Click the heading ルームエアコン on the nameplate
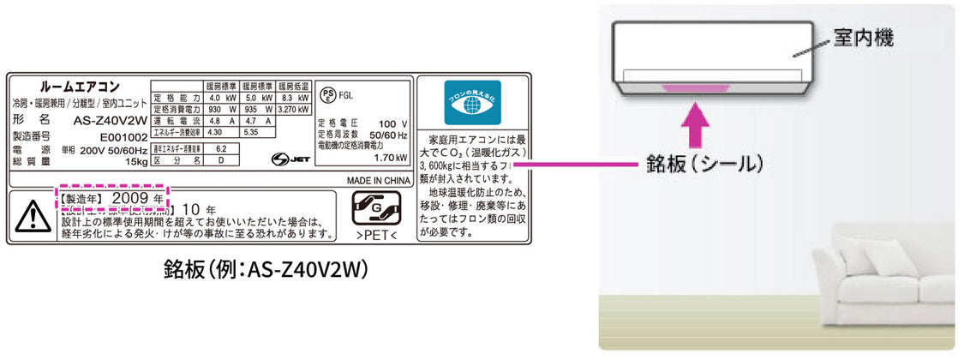(80, 87)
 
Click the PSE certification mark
(327, 94)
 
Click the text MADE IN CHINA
(379, 182)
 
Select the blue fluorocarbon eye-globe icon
(472, 105)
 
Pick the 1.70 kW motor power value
(391, 159)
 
